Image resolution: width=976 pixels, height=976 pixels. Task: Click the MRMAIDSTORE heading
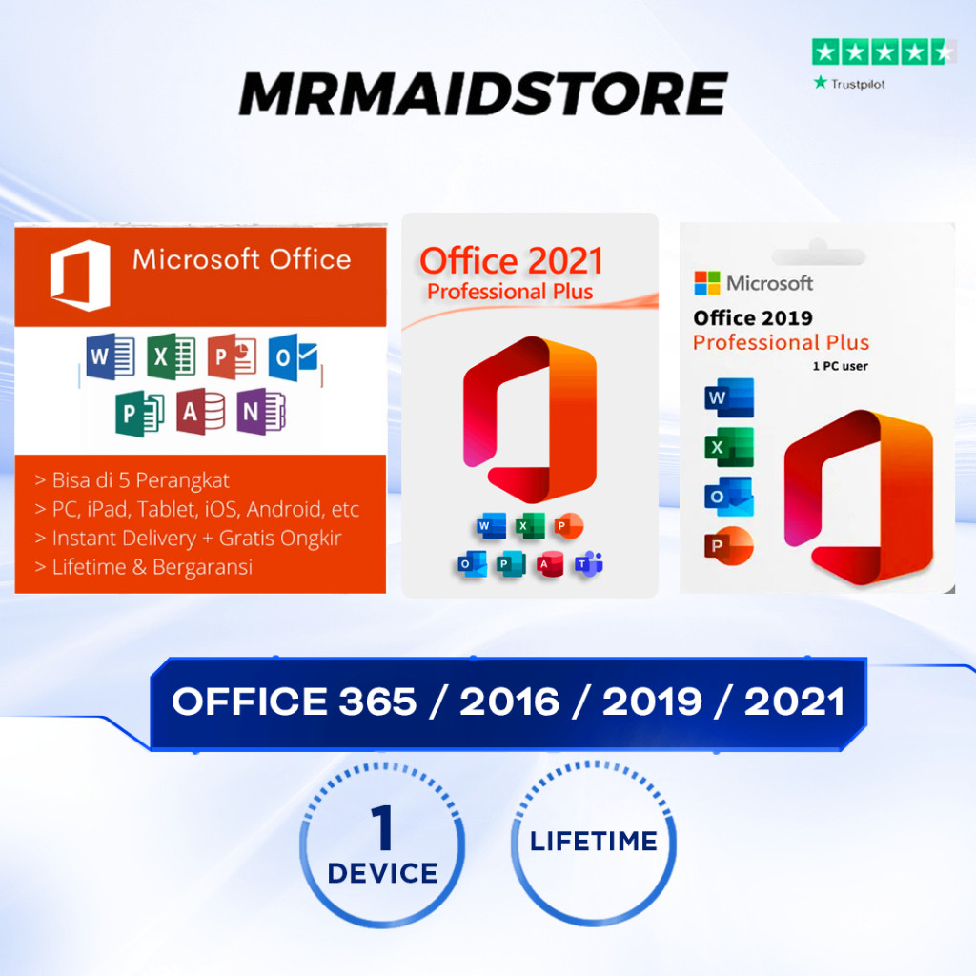click(x=483, y=93)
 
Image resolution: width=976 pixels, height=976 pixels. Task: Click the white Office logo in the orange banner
click(x=80, y=275)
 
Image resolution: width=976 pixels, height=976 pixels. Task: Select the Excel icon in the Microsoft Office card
click(x=172, y=357)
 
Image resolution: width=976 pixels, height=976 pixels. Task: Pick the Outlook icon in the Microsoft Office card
click(x=293, y=357)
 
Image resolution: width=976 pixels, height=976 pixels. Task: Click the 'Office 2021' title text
click(x=511, y=260)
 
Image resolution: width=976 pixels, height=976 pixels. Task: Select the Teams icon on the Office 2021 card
click(x=588, y=564)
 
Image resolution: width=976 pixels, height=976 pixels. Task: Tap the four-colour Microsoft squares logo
click(x=706, y=283)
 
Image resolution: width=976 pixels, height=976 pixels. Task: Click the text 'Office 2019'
click(x=752, y=318)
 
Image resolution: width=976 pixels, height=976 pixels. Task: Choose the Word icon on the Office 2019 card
click(x=729, y=397)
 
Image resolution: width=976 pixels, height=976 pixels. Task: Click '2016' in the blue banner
click(x=509, y=702)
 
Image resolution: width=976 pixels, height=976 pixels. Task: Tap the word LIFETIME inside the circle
click(x=593, y=842)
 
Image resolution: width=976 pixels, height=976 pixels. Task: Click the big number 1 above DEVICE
click(x=383, y=827)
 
